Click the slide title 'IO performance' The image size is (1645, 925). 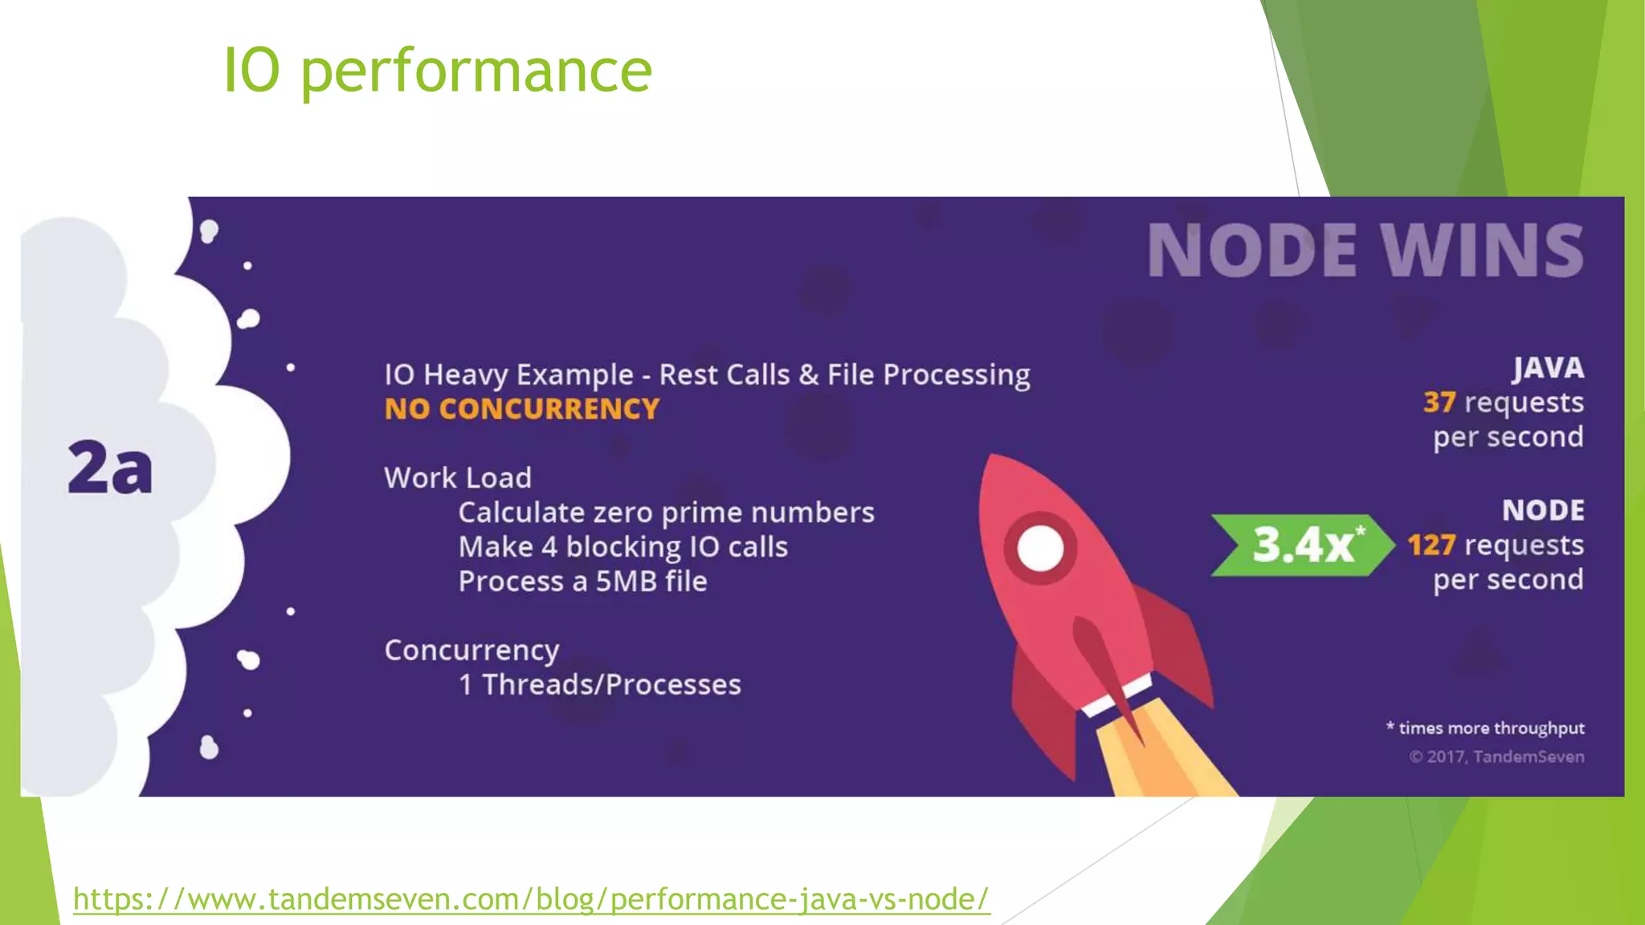437,71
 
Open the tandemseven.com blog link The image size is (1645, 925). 531,899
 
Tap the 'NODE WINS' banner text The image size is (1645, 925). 1365,251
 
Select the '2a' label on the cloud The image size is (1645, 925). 110,467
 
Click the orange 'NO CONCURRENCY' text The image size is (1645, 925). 521,410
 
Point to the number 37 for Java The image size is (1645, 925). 1439,402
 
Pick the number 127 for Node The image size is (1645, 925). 1431,545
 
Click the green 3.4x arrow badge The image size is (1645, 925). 1302,545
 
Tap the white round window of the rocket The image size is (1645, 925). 1040,549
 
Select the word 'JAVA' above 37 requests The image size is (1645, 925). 1548,368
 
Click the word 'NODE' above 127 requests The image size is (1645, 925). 1543,511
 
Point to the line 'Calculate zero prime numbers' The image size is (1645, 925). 666,512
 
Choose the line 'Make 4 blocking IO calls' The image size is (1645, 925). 622,547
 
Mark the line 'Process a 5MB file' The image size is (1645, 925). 582,581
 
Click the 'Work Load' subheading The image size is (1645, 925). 457,478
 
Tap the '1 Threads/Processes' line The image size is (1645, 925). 599,685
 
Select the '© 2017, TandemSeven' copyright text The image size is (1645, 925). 1496,756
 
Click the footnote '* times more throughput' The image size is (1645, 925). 1485,728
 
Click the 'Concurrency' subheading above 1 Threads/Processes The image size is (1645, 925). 471,650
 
